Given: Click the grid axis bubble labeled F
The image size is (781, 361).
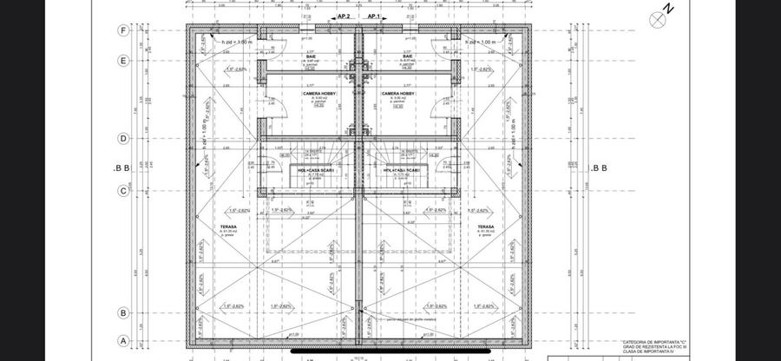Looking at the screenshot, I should coord(124,30).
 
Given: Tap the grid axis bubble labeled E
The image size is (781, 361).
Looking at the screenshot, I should coord(124,61).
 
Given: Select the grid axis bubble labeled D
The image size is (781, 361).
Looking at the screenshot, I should coord(124,138).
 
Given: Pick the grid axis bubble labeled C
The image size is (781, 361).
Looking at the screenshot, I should coord(124,190).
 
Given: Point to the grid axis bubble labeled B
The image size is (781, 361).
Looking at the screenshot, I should coord(124,312).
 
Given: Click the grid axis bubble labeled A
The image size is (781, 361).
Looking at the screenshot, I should coord(124,341).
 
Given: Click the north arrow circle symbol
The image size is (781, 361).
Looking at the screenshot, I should coord(657,16).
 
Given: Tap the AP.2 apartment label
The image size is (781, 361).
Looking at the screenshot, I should coord(343,16).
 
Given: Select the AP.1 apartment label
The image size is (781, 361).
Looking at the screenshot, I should coord(375,16).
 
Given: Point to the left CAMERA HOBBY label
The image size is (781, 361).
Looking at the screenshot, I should coord(318,93).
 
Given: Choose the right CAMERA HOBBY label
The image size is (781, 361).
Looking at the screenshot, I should coord(397,93).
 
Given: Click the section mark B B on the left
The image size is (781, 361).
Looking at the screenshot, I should coord(121,167).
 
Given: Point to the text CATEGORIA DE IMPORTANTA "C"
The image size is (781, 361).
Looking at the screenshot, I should coord(653,344).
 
